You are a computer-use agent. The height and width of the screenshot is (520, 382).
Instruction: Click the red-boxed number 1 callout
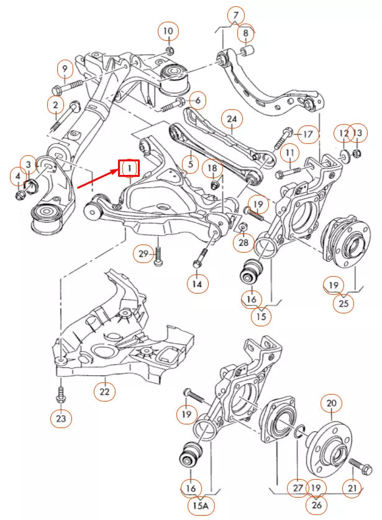130,168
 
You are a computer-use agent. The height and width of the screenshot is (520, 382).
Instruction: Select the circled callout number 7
235,14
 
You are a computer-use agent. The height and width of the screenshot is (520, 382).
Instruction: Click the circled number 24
232,119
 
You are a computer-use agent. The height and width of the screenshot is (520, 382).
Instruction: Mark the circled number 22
104,391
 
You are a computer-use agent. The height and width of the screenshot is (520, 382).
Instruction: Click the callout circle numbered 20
330,404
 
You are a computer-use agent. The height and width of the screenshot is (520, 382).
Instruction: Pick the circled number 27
298,488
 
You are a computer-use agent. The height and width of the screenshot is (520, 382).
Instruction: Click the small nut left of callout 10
170,49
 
